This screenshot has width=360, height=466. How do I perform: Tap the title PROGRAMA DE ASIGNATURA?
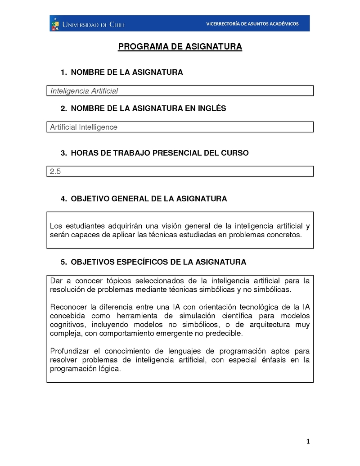pos(180,47)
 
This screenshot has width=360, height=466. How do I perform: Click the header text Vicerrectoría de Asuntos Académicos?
pos(252,24)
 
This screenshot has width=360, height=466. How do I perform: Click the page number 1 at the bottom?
pos(308,442)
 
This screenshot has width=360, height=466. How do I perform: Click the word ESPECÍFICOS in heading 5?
pos(144,262)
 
